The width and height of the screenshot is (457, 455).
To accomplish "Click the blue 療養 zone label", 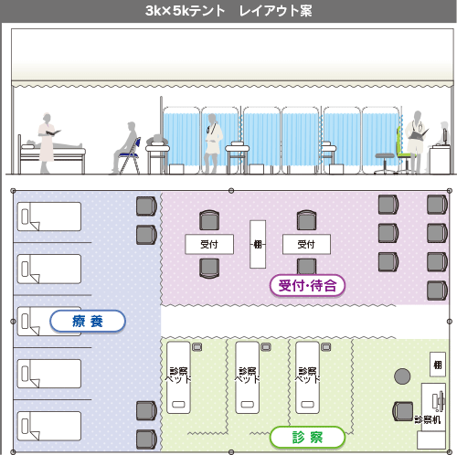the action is (x=88, y=321).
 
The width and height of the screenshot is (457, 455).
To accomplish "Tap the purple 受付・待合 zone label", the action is (x=307, y=286).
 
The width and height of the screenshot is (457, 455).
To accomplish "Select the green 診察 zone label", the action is (x=307, y=438).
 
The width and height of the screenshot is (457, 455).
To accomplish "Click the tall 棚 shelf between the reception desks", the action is (x=258, y=244).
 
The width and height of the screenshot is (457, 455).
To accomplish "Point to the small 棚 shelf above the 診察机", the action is (x=438, y=365).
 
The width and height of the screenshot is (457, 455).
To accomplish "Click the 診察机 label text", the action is (x=428, y=420).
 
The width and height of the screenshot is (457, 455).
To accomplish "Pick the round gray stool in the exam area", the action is (x=402, y=376).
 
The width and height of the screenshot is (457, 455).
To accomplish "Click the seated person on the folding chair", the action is (x=125, y=148).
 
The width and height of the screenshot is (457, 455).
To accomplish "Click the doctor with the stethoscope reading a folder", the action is (x=416, y=143).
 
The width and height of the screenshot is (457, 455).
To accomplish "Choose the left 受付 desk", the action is (x=209, y=244).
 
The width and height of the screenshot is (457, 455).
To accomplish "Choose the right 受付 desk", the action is (x=306, y=244).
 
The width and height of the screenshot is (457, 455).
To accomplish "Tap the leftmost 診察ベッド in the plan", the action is (x=178, y=377).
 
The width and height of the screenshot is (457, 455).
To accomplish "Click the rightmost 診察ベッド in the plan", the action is (x=307, y=377).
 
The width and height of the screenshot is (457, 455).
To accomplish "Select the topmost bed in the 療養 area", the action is (x=49, y=217).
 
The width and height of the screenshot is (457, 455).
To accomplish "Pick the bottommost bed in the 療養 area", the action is (x=49, y=426).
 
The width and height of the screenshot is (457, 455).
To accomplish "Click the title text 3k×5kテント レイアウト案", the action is (x=228, y=11).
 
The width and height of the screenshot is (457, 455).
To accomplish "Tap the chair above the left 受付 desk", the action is (x=209, y=220).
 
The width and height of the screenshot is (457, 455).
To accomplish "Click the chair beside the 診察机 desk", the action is (x=403, y=411).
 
